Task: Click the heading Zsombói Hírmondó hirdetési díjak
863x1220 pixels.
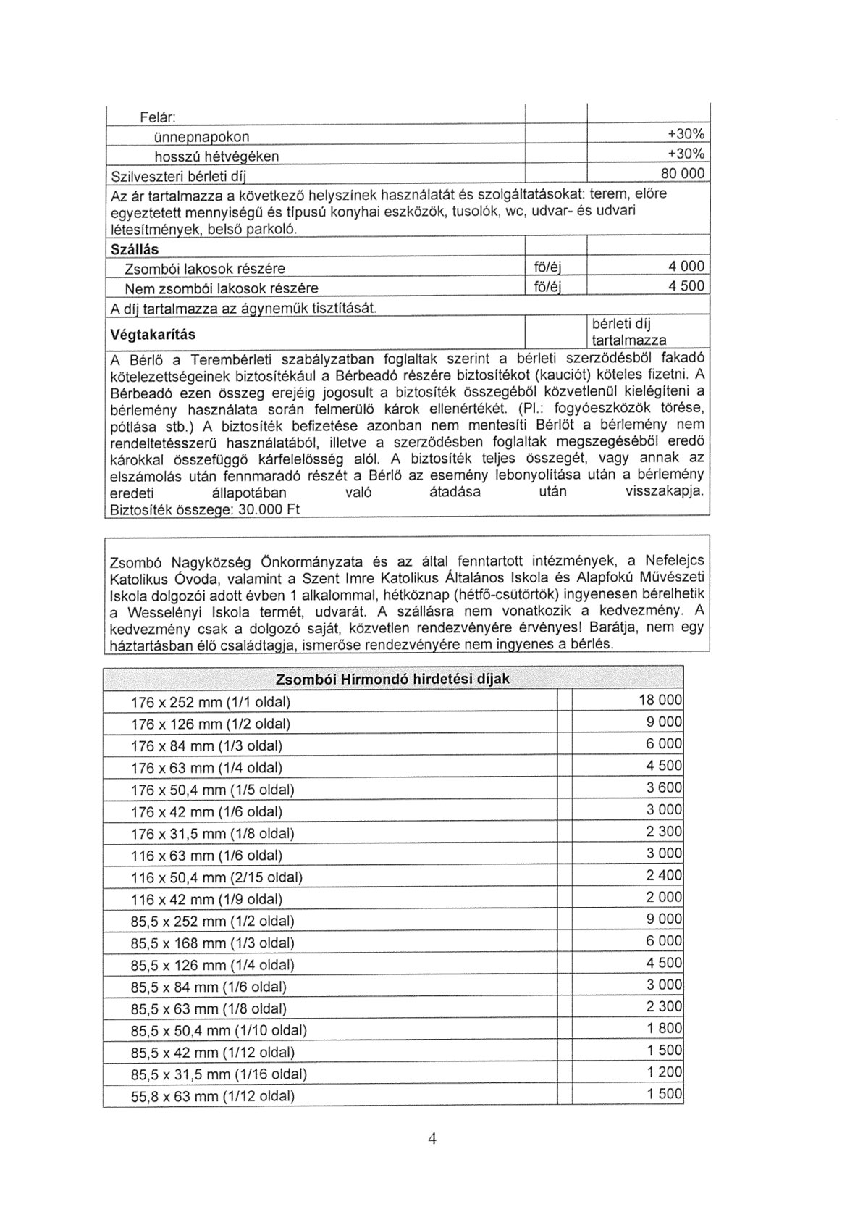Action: point(393,679)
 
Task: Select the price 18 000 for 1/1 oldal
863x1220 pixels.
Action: point(660,700)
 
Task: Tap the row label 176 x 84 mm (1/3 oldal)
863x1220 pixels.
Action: point(206,745)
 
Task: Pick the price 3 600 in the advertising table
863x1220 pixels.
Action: point(664,787)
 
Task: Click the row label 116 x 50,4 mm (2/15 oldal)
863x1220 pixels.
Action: point(216,877)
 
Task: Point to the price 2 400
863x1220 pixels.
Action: point(664,875)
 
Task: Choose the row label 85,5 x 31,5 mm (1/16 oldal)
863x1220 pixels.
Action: point(219,1074)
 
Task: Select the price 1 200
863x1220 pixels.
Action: point(664,1072)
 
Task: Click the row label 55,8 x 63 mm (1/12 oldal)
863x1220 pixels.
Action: point(213,1096)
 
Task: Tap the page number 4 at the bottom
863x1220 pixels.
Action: point(432,1138)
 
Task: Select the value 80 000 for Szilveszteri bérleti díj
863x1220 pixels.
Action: point(682,174)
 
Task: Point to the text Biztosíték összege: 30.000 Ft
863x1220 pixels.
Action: point(204,509)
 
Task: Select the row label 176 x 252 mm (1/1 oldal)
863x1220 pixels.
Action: point(211,702)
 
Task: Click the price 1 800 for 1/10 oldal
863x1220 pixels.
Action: point(664,1028)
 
